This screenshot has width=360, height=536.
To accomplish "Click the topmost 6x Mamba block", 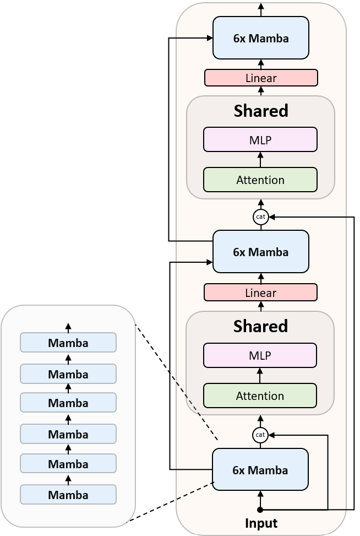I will click(260, 37).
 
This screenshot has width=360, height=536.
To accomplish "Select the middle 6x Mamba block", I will click(260, 252).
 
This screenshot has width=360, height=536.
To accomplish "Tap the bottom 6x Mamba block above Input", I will click(260, 469).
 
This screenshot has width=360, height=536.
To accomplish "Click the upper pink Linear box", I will click(261, 78).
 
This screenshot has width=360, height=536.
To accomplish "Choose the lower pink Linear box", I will click(260, 292).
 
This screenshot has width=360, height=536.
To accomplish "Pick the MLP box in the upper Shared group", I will click(260, 139).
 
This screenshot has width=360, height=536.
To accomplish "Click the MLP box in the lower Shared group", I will click(260, 355).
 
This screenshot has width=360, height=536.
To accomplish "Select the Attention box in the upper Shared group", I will click(260, 180).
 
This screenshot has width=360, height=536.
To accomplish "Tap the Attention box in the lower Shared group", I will click(260, 396).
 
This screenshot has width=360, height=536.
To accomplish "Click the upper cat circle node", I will click(261, 217).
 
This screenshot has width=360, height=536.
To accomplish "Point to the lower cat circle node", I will click(260, 435).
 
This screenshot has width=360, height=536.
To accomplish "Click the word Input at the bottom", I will click(260, 523).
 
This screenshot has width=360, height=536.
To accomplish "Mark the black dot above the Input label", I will click(260, 510).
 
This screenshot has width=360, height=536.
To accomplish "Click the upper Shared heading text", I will click(261, 111).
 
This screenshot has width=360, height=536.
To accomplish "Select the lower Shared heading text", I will click(260, 326).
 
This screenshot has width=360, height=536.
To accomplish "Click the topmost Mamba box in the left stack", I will click(68, 342).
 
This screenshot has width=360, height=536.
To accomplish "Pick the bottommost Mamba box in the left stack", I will click(68, 494).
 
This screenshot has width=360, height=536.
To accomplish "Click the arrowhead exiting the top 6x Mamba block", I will click(261, 7).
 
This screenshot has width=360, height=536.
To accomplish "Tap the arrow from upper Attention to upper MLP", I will click(260, 159).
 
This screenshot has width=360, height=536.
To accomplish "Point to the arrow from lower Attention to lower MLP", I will click(260, 375).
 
